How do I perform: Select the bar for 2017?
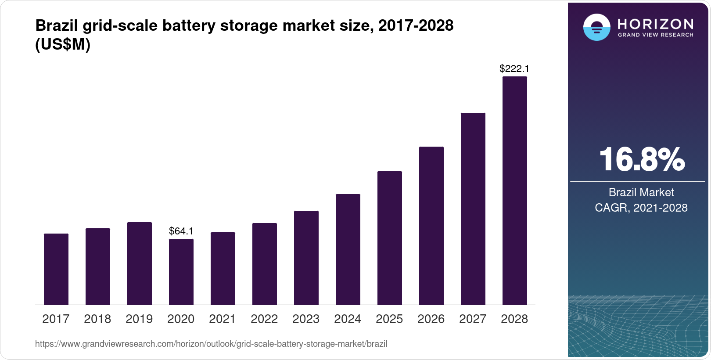[56, 269]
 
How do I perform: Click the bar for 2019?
[140, 263]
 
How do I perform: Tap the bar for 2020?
[181, 272]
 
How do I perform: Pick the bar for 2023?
[306, 258]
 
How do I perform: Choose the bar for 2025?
[390, 238]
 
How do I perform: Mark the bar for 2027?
[473, 209]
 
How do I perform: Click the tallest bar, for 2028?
[515, 191]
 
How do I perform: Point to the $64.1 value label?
[181, 231]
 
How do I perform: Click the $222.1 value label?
[514, 68]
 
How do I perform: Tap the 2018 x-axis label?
[97, 319]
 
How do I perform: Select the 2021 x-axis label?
[223, 319]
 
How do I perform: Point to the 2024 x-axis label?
[348, 319]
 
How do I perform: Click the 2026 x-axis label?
[431, 319]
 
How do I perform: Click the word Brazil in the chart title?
[53, 26]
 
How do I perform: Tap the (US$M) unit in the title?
[63, 44]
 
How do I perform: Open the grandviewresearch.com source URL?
[211, 344]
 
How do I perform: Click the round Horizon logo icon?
[596, 27]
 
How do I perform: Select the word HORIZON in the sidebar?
[656, 24]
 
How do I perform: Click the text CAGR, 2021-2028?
[641, 208]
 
